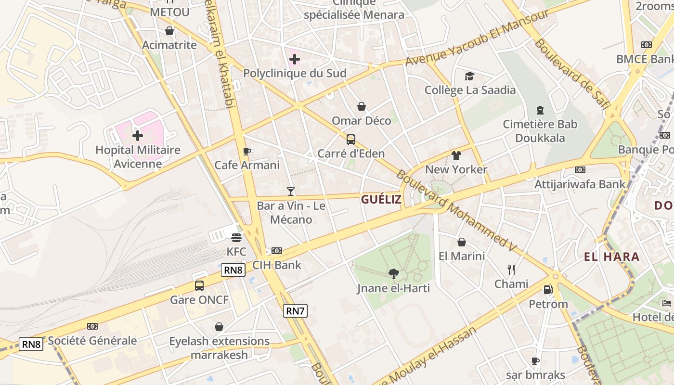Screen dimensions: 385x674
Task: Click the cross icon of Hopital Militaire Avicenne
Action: (138, 135)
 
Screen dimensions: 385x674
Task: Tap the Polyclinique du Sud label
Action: (295, 73)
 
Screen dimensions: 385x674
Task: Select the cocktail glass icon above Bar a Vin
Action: (290, 191)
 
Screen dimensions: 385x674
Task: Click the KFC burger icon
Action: (236, 237)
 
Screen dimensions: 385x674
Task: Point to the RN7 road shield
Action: (295, 311)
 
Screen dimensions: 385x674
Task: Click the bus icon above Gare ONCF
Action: (199, 285)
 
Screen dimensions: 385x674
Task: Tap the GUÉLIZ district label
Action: (381, 200)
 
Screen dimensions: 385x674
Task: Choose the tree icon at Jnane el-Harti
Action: (394, 274)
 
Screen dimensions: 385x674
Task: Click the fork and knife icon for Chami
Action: (511, 269)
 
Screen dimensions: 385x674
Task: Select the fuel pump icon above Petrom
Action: (548, 290)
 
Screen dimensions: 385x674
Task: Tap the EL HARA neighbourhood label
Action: (612, 257)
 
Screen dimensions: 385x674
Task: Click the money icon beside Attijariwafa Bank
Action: (580, 169)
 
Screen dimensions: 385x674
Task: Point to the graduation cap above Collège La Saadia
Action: (469, 76)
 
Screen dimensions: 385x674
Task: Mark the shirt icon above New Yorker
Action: (456, 155)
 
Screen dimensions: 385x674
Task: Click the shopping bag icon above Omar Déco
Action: (362, 106)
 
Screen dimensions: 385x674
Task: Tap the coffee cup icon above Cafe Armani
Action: (247, 151)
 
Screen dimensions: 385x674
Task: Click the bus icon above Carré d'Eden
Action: (351, 140)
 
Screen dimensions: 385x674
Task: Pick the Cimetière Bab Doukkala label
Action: (540, 131)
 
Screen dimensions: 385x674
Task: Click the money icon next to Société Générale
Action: (92, 326)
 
